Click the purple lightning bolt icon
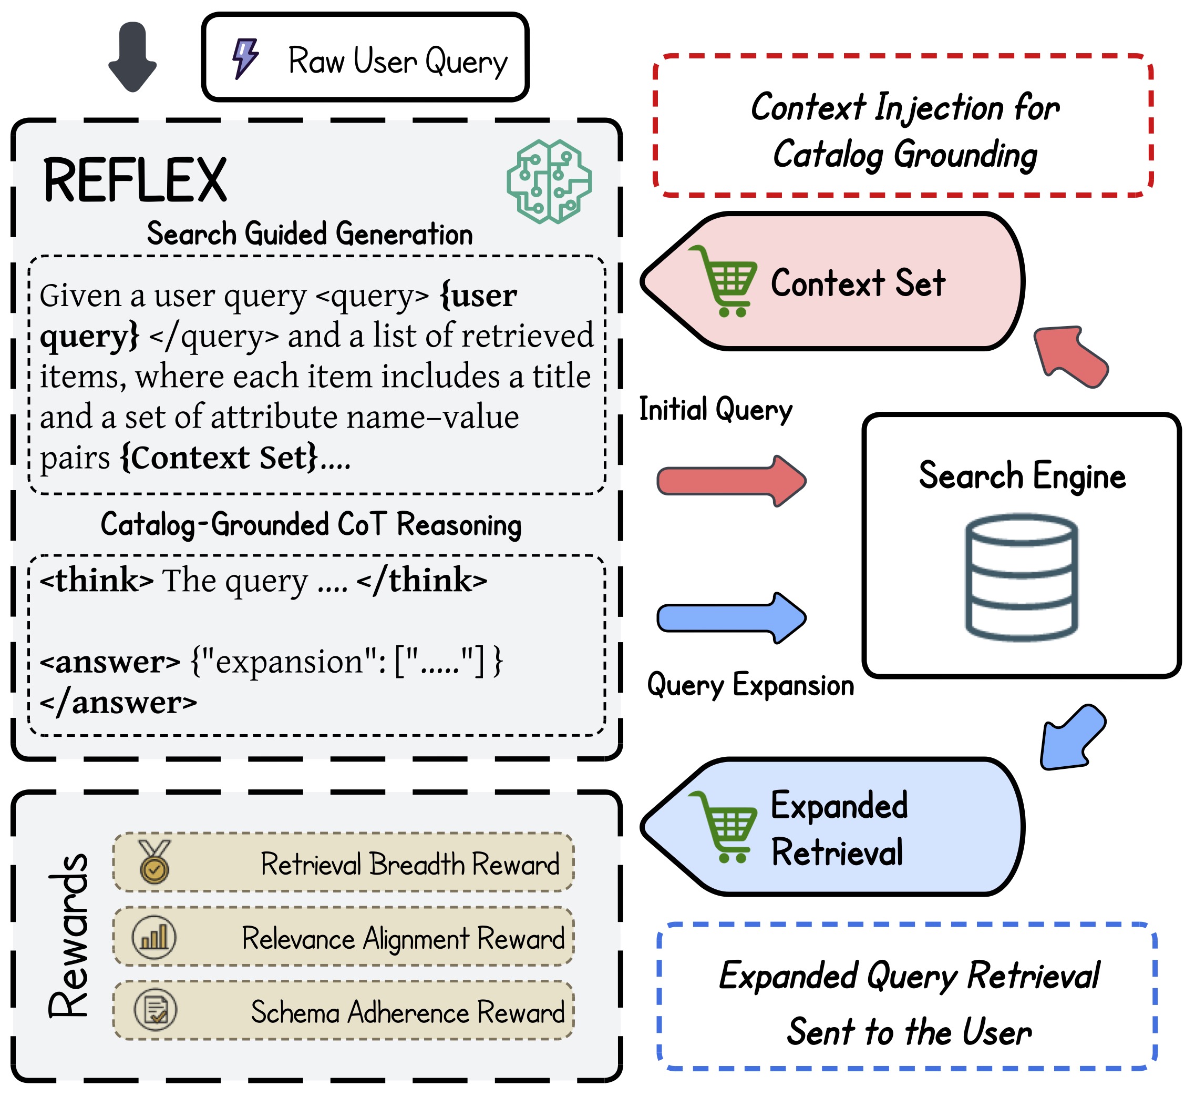pos(245,58)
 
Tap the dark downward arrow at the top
pos(133,57)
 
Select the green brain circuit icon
pos(550,181)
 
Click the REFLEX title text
pos(135,180)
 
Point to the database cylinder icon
pos(1022,576)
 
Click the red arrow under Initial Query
pos(732,481)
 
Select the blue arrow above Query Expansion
pos(732,617)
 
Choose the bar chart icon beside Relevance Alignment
pos(154,938)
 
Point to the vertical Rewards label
pos(69,936)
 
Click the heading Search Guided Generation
pos(310,234)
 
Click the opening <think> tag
pos(97,580)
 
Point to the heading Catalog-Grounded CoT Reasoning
pos(311,525)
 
